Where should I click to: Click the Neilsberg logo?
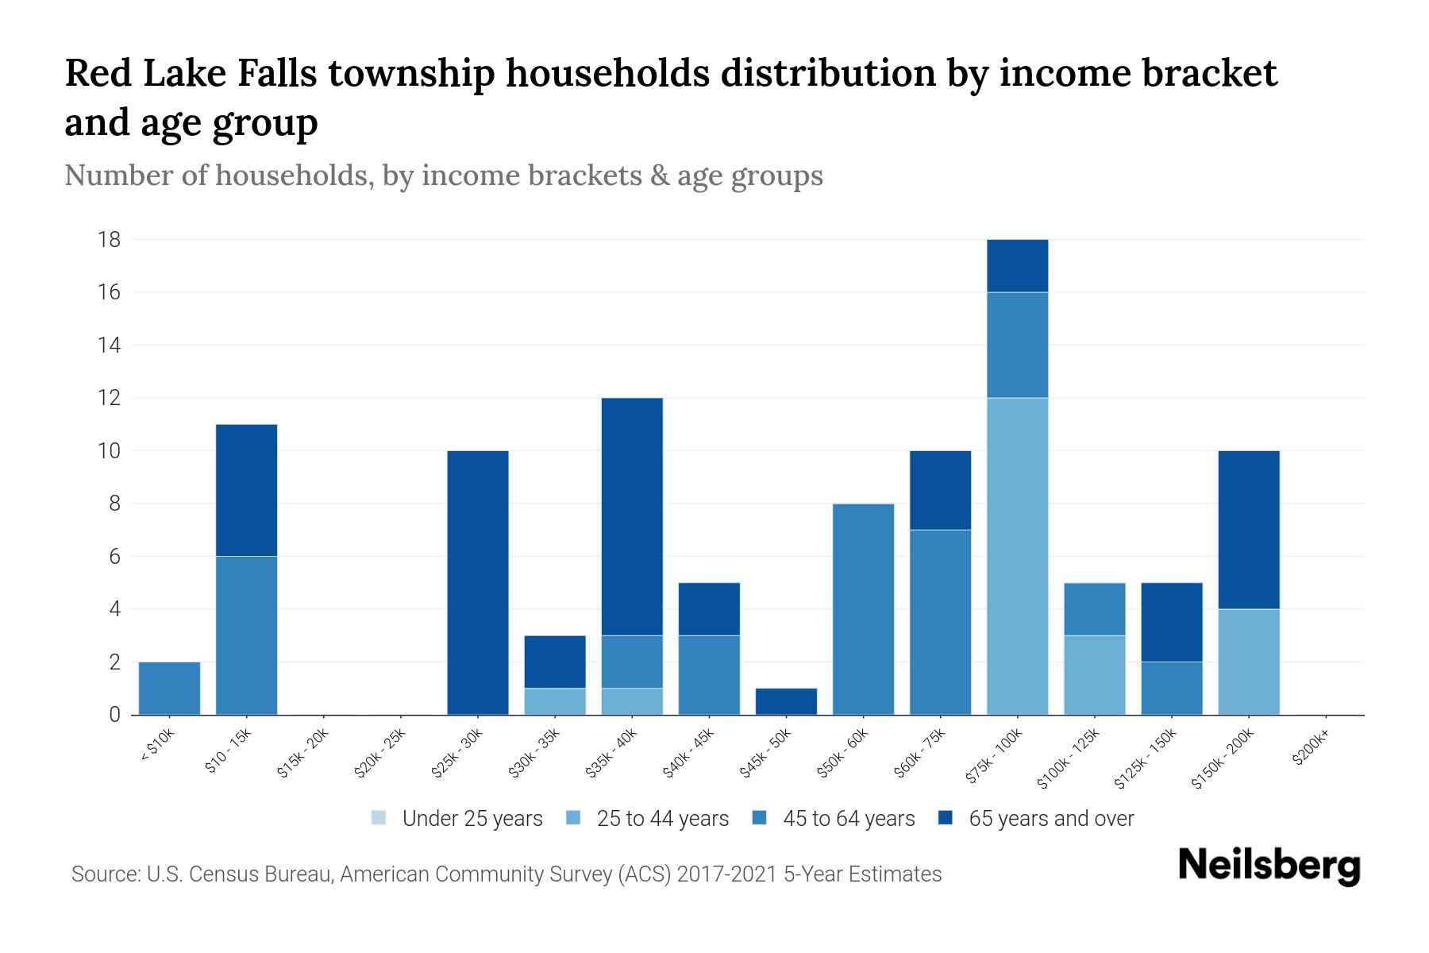click(1269, 866)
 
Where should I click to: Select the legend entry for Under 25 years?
click(457, 819)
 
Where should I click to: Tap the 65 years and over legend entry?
click(1036, 819)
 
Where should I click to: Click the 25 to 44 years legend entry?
click(648, 819)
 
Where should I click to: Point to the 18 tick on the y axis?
click(110, 240)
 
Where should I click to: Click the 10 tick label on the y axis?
click(110, 451)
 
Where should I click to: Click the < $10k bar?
click(169, 689)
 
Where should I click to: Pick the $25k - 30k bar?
click(478, 583)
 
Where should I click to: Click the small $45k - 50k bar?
click(786, 701)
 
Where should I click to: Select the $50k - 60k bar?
click(863, 609)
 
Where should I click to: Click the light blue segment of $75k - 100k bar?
click(1017, 556)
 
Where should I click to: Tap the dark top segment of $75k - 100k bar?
click(1017, 266)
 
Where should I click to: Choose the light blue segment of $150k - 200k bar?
click(1248, 662)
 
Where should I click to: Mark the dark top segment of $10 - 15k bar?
click(246, 491)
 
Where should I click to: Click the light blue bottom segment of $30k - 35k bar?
click(555, 701)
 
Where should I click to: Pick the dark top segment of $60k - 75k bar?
click(940, 490)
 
